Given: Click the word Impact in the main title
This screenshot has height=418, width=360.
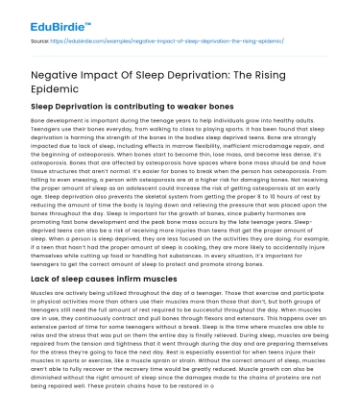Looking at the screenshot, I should [x=118, y=75].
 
